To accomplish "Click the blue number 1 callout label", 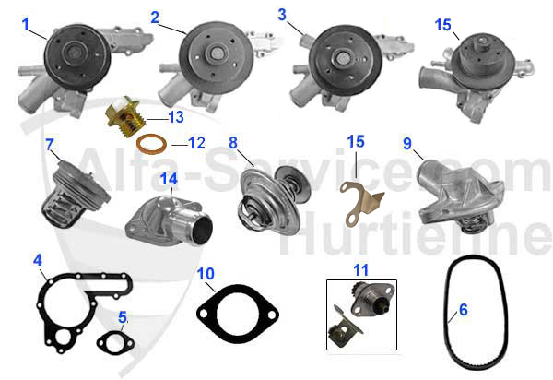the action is click(x=25, y=24).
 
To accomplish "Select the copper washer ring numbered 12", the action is click(x=152, y=144).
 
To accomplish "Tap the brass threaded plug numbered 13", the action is click(x=126, y=116).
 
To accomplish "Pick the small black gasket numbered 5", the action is click(x=115, y=342).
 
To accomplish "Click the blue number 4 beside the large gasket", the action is click(x=38, y=260).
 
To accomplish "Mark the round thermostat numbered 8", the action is click(x=272, y=200).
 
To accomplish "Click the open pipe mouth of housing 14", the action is click(x=201, y=230).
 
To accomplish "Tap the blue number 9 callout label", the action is click(x=407, y=143).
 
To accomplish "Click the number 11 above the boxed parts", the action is click(x=360, y=270).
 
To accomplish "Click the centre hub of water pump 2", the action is click(x=217, y=54).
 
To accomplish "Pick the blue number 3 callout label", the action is click(x=282, y=15).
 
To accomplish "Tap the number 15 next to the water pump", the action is click(x=443, y=25).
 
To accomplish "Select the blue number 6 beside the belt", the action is click(x=464, y=309).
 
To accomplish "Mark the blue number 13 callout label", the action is click(x=176, y=117).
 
